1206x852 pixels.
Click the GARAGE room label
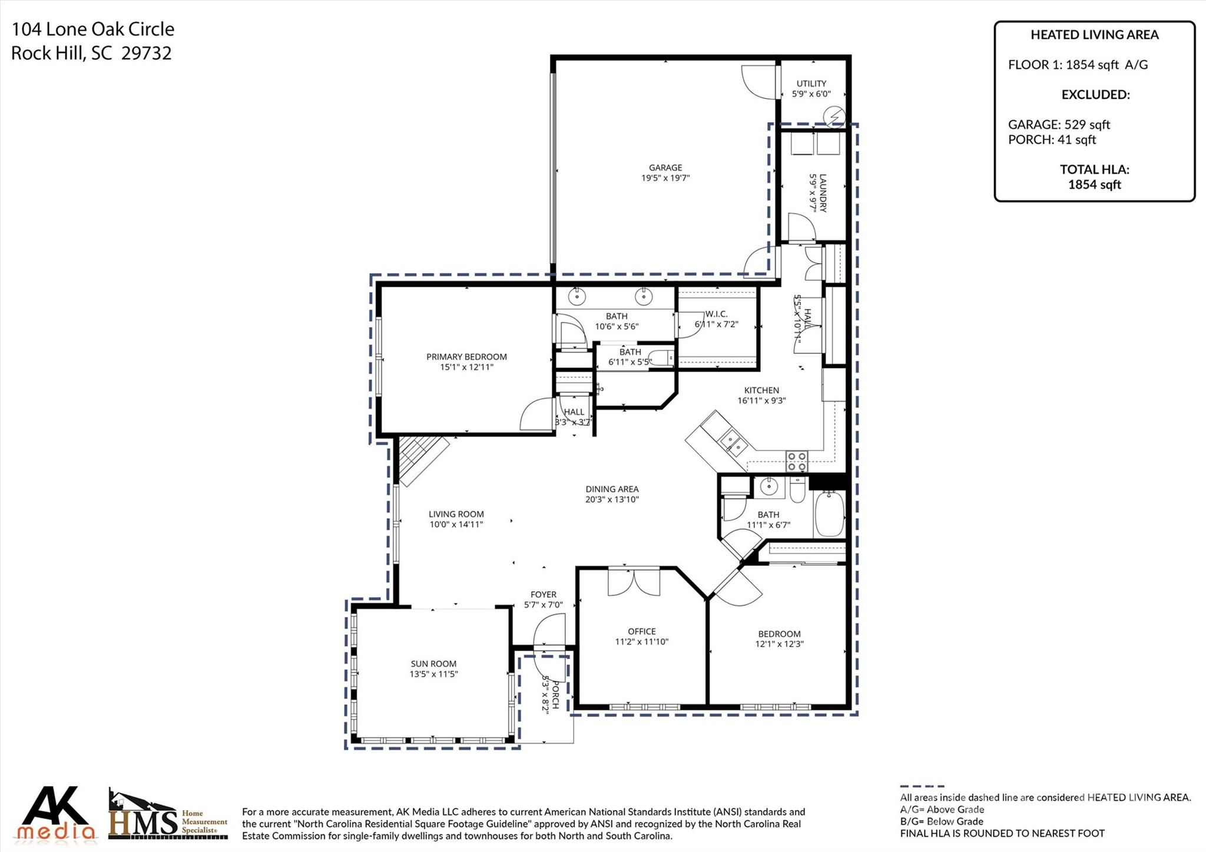click(665, 168)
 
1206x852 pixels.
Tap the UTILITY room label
click(811, 84)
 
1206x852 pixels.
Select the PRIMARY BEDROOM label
click(466, 357)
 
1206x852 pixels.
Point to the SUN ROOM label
click(434, 664)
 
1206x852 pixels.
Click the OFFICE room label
click(642, 632)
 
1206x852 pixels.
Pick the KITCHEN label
click(761, 390)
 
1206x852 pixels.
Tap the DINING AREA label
click(612, 489)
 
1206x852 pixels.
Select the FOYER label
click(544, 595)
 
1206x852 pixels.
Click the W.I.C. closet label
click(717, 314)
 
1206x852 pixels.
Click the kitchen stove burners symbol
click(797, 461)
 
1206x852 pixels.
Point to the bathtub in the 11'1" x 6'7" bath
click(829, 513)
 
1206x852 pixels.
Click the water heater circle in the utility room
click(835, 118)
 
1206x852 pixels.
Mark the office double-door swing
click(634, 582)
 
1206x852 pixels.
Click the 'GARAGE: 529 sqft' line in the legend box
click(1059, 125)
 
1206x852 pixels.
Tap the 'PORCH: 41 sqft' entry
click(1052, 140)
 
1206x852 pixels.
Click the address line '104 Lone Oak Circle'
click(93, 29)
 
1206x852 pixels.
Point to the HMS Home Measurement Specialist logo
click(168, 814)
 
